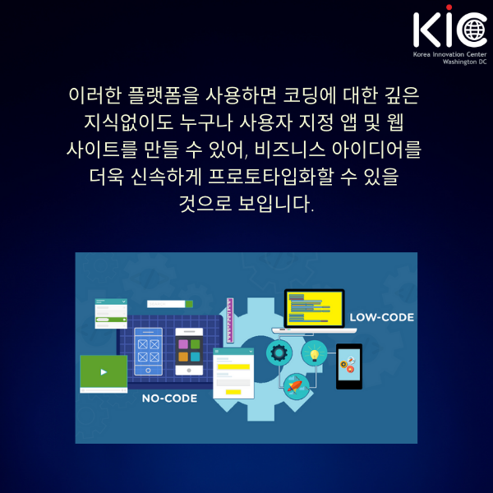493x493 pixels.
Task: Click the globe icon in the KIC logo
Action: pyautogui.click(x=475, y=30)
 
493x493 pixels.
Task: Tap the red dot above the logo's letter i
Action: pyautogui.click(x=449, y=7)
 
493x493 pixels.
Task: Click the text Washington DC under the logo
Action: pyautogui.click(x=464, y=62)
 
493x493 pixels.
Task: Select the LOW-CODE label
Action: pyautogui.click(x=382, y=317)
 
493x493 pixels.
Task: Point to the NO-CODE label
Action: pyautogui.click(x=169, y=399)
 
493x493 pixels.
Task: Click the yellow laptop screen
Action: pyautogui.click(x=315, y=309)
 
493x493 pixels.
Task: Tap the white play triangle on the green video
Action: pyautogui.click(x=104, y=372)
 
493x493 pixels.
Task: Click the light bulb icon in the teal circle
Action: pyautogui.click(x=315, y=353)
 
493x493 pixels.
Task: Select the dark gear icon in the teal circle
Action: pyautogui.click(x=279, y=352)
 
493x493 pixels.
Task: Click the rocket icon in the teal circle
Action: pyautogui.click(x=296, y=385)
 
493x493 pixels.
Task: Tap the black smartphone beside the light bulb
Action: pyautogui.click(x=349, y=366)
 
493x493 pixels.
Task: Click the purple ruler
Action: pyautogui.click(x=230, y=320)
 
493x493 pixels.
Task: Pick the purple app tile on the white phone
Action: pyautogui.click(x=183, y=344)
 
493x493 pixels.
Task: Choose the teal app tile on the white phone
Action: pyautogui.click(x=196, y=357)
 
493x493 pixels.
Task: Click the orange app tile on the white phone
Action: pyautogui.click(x=183, y=357)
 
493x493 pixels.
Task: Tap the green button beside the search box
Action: pyautogui.click(x=189, y=304)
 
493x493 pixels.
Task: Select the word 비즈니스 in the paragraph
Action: pyautogui.click(x=290, y=149)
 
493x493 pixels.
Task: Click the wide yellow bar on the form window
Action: pyautogui.click(x=233, y=366)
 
